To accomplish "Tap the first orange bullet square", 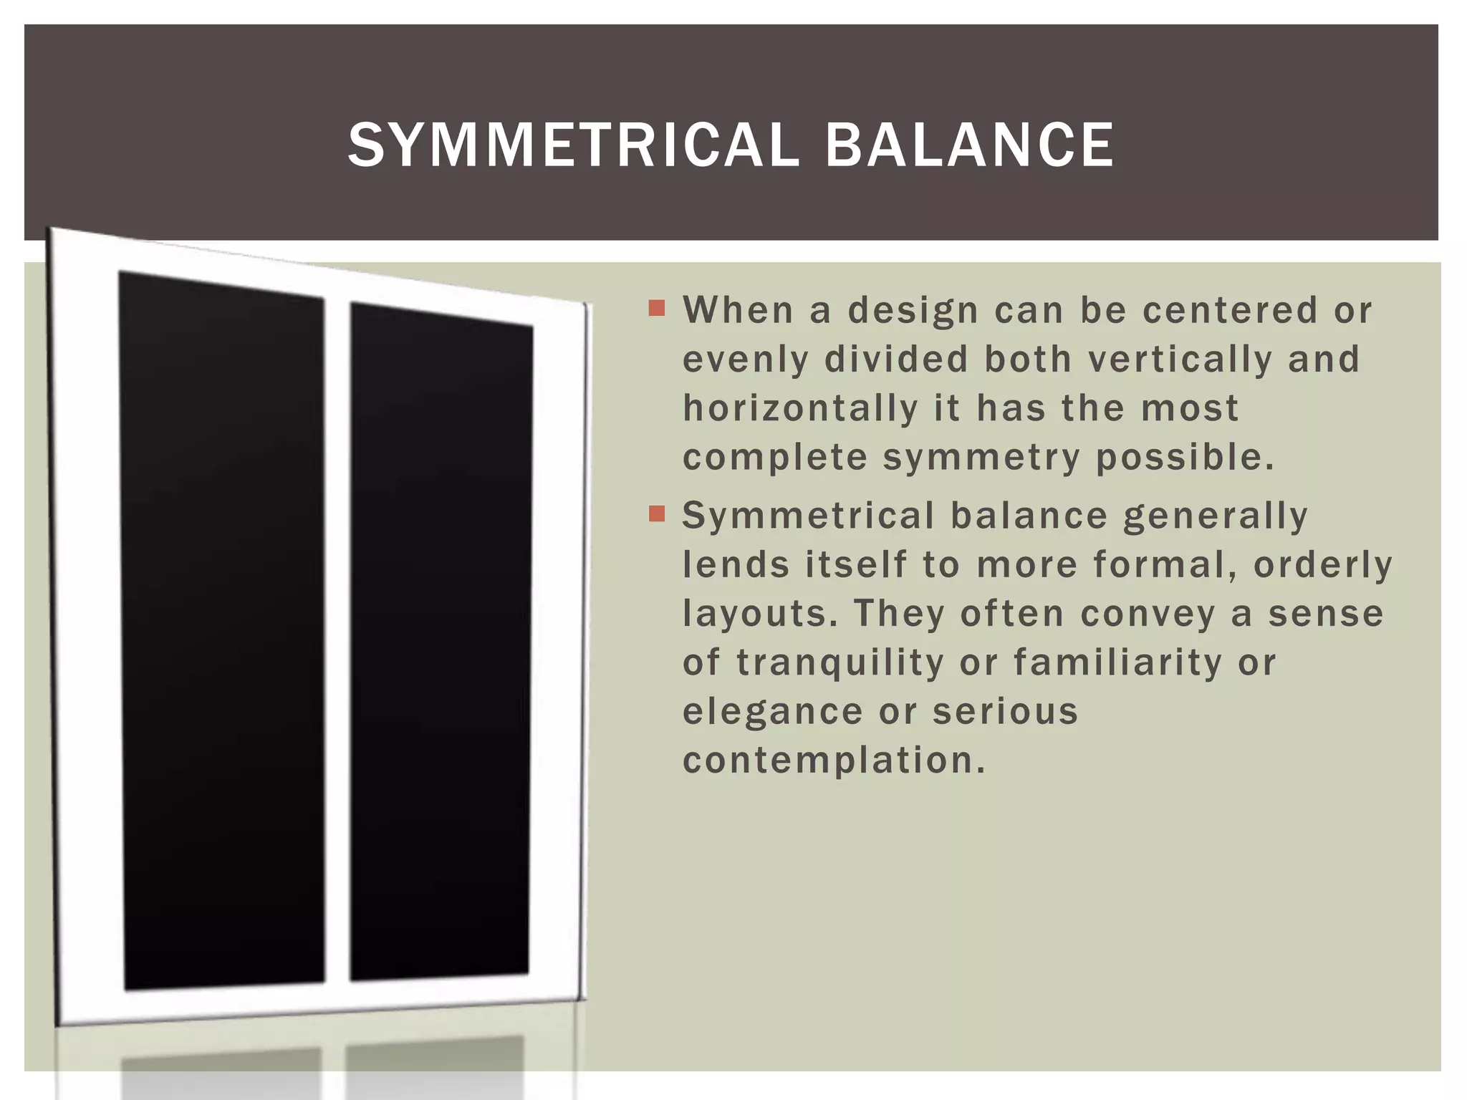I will coord(657,309).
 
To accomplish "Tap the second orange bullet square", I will coord(657,514).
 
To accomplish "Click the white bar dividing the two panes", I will coord(337,641).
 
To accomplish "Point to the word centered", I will coord(1229,311).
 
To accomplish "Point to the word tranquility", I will coord(840,662).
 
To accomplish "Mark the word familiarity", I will coord(1117,662).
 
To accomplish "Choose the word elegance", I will coord(773,711).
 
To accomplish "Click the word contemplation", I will coord(834,760).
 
